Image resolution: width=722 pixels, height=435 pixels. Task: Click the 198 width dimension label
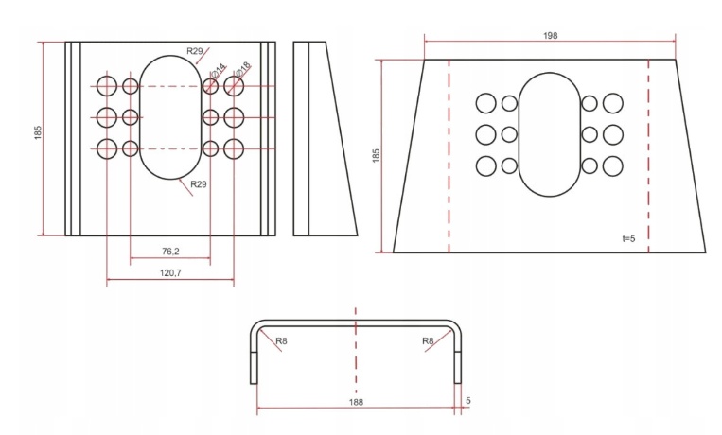pyautogui.click(x=550, y=35)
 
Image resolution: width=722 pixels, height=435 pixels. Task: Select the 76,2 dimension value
pyautogui.click(x=170, y=252)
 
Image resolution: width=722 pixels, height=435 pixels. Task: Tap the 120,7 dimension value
pyautogui.click(x=170, y=273)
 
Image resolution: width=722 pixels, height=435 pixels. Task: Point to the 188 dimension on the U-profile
pyautogui.click(x=356, y=402)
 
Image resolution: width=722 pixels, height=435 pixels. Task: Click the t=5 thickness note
pyautogui.click(x=628, y=238)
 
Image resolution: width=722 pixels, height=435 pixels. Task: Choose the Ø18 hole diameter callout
pyautogui.click(x=242, y=69)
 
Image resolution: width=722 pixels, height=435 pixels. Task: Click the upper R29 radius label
pyautogui.click(x=195, y=51)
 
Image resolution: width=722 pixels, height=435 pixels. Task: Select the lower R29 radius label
pyautogui.click(x=199, y=184)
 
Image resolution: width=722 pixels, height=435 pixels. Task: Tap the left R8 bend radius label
pyautogui.click(x=281, y=341)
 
